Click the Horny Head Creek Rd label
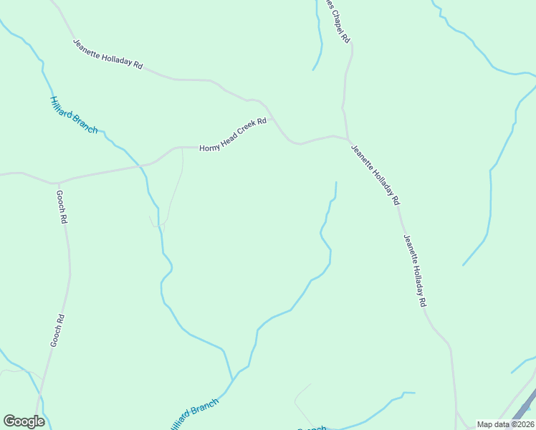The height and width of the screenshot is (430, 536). (x=233, y=134)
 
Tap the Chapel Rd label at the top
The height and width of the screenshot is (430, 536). (x=338, y=22)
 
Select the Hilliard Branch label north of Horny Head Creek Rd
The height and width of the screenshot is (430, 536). (x=73, y=115)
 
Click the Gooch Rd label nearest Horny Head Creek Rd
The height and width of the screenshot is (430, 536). (x=62, y=206)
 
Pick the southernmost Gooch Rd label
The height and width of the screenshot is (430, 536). (x=57, y=331)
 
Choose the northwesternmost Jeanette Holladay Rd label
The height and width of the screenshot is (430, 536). (x=107, y=54)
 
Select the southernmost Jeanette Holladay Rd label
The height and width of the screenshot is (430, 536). (x=415, y=272)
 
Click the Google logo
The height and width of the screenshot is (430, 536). (x=24, y=421)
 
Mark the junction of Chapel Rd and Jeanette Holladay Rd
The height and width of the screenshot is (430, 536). (x=348, y=139)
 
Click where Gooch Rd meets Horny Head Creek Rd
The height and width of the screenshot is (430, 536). (x=57, y=183)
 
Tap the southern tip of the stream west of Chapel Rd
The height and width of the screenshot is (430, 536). (x=313, y=70)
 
